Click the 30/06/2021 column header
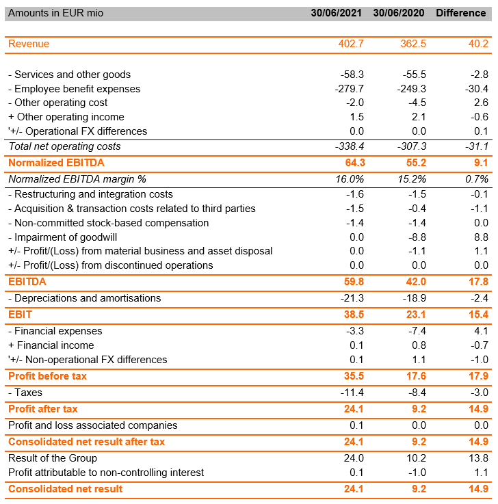(x=335, y=14)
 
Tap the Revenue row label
(x=29, y=44)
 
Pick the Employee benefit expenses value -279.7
(x=352, y=89)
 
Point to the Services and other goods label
(x=69, y=75)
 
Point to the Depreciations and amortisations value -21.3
(x=352, y=298)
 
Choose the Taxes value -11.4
(x=352, y=393)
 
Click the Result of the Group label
(x=53, y=458)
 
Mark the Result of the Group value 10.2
(x=415, y=458)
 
